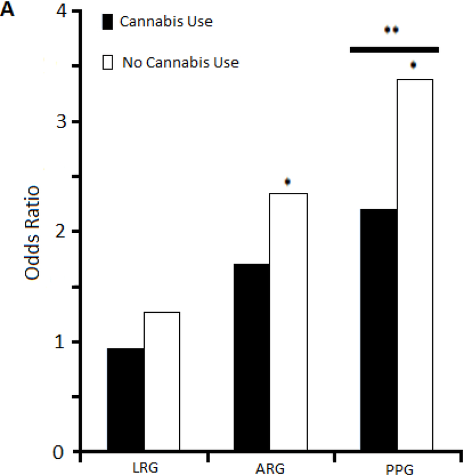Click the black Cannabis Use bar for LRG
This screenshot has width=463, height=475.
126,400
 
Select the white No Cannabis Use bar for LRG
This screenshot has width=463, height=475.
161,382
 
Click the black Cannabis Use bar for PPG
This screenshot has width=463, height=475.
379,330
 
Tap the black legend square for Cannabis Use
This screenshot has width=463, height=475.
108,22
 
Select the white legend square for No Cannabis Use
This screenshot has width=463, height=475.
108,62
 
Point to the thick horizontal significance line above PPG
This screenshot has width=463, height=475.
395,50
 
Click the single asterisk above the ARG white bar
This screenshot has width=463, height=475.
287,182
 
